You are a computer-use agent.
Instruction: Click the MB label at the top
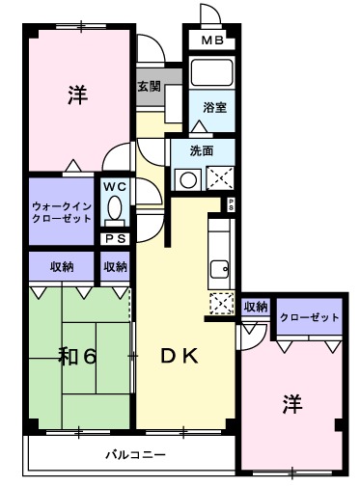coord(211,40)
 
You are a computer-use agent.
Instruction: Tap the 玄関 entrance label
coord(149,87)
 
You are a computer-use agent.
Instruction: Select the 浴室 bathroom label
coord(213,108)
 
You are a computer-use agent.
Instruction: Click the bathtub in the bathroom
coord(209,74)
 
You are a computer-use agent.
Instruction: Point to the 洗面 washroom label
coord(201,150)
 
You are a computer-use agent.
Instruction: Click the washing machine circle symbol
coord(186,177)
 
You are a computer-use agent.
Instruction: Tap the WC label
coord(113,185)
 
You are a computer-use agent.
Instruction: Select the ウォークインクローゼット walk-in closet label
coord(61,211)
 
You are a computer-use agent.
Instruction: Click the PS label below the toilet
coord(114,238)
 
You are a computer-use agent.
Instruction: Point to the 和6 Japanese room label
coord(78,356)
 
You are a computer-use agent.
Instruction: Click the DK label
coord(180,356)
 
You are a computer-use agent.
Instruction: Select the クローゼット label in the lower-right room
coord(310,318)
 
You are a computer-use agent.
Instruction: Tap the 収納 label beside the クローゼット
coord(255,308)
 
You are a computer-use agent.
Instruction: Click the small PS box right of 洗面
coord(231,202)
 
